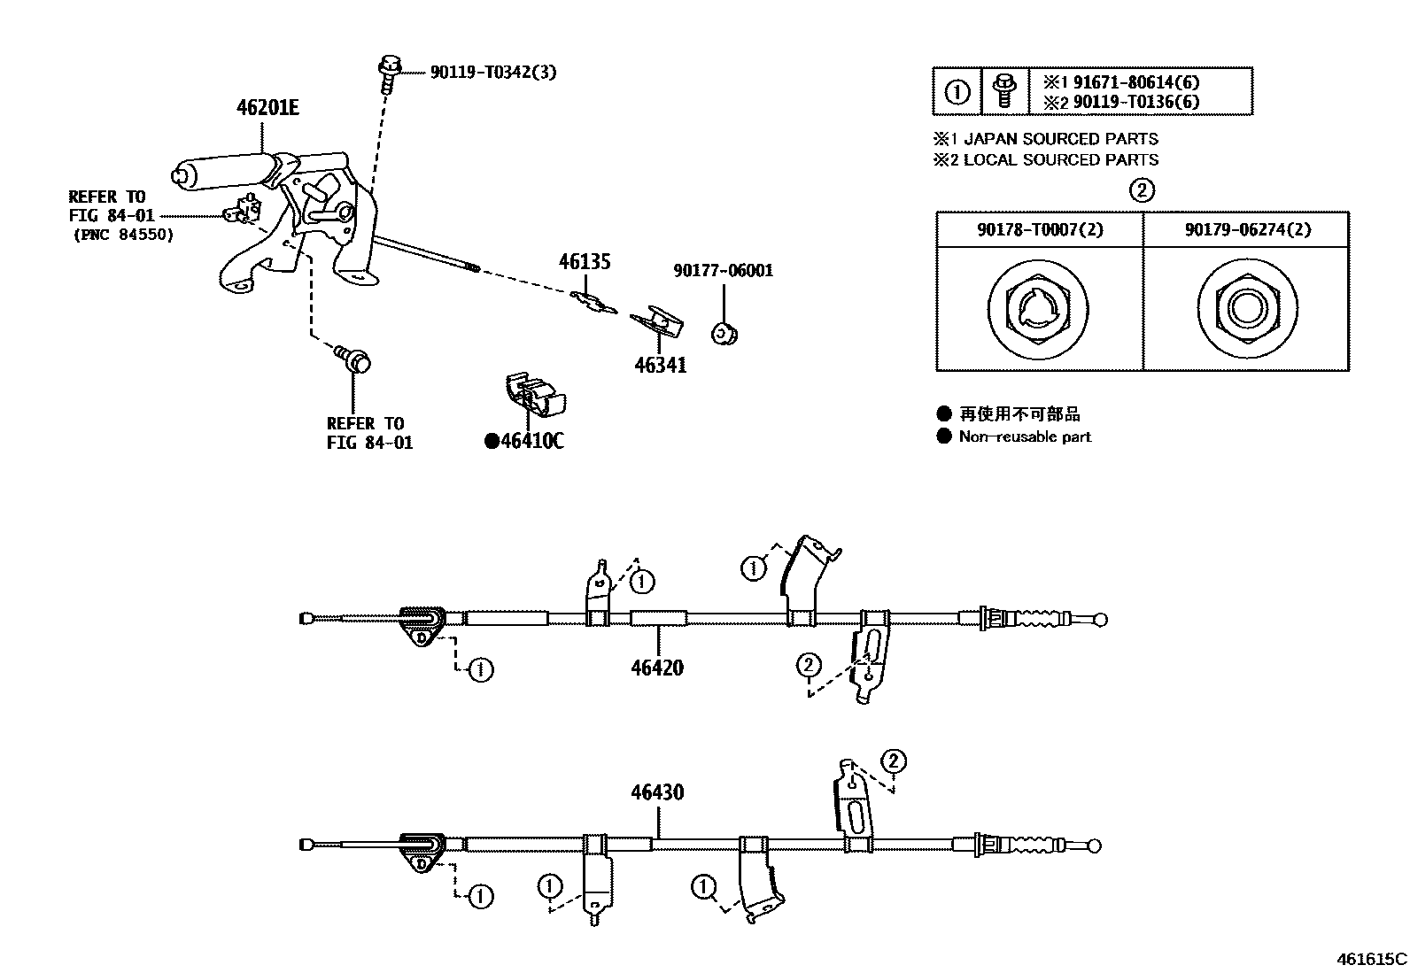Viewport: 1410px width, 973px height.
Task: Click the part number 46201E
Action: (267, 108)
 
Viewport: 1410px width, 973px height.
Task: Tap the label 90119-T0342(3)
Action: (493, 73)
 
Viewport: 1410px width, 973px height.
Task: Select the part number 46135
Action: (585, 262)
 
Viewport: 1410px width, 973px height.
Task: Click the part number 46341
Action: (660, 365)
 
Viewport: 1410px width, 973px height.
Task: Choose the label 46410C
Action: (531, 440)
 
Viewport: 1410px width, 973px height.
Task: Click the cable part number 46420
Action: (657, 668)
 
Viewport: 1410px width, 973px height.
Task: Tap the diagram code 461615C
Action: (1372, 959)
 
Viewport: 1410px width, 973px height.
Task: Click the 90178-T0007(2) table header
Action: (1040, 229)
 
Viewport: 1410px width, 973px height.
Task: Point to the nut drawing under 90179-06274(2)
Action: (1247, 309)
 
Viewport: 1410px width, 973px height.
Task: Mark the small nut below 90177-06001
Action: (724, 334)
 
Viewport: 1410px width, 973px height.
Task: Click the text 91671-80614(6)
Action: (1136, 83)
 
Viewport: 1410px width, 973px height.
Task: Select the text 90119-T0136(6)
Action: (1136, 102)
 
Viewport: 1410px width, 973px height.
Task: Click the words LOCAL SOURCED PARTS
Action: (1060, 160)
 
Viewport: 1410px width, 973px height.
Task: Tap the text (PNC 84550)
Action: (121, 235)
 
